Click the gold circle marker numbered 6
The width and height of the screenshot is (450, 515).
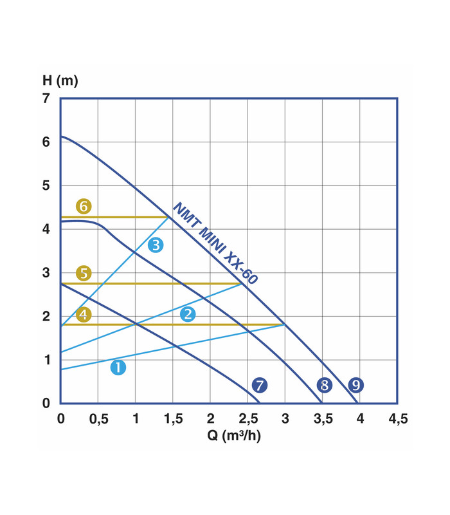click(x=84, y=207)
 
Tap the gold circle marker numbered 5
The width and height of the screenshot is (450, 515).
click(x=84, y=272)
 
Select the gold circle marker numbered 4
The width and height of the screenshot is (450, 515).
click(x=84, y=315)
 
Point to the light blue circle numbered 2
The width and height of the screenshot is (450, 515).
click(x=188, y=314)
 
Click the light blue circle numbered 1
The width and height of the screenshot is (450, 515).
click(x=118, y=368)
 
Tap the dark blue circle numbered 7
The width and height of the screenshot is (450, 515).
click(x=259, y=385)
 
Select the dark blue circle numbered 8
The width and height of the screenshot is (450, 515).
click(x=325, y=385)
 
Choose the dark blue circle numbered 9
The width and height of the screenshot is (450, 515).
click(x=355, y=385)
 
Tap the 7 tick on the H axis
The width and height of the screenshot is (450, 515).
click(x=46, y=98)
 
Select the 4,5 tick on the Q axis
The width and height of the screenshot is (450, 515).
click(x=398, y=418)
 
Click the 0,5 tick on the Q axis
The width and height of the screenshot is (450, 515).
click(x=98, y=418)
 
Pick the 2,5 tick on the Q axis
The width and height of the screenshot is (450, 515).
click(x=248, y=418)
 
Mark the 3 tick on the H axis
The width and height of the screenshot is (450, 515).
click(x=46, y=273)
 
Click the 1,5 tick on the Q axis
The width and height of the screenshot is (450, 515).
click(x=173, y=418)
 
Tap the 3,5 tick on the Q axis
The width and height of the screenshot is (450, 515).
click(x=323, y=418)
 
